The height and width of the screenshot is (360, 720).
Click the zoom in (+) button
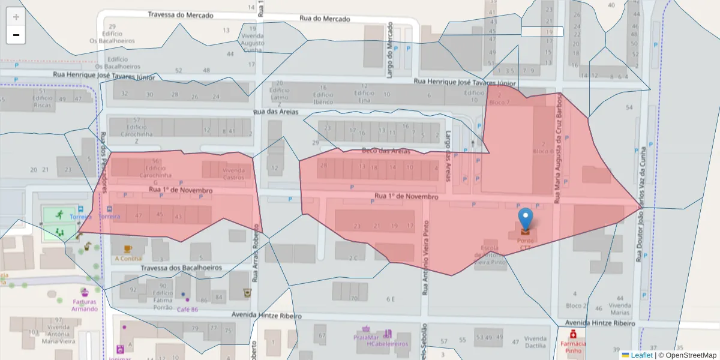16,17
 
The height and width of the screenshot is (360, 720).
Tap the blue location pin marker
526,220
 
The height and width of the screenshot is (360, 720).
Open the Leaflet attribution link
641,355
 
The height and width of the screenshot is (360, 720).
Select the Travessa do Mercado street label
180,15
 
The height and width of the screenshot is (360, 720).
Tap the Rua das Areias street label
276,112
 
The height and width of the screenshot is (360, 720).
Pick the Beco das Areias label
386,151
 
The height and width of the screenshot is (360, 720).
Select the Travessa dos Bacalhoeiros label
181,268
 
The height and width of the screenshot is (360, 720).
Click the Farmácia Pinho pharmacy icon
573,334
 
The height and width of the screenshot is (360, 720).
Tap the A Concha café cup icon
127,249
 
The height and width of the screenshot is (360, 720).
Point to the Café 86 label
187,310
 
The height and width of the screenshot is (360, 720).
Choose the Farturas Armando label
85,305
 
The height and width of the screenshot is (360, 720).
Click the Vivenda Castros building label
233,173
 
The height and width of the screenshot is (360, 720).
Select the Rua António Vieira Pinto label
425,257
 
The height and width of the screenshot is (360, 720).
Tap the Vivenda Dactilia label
535,341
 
